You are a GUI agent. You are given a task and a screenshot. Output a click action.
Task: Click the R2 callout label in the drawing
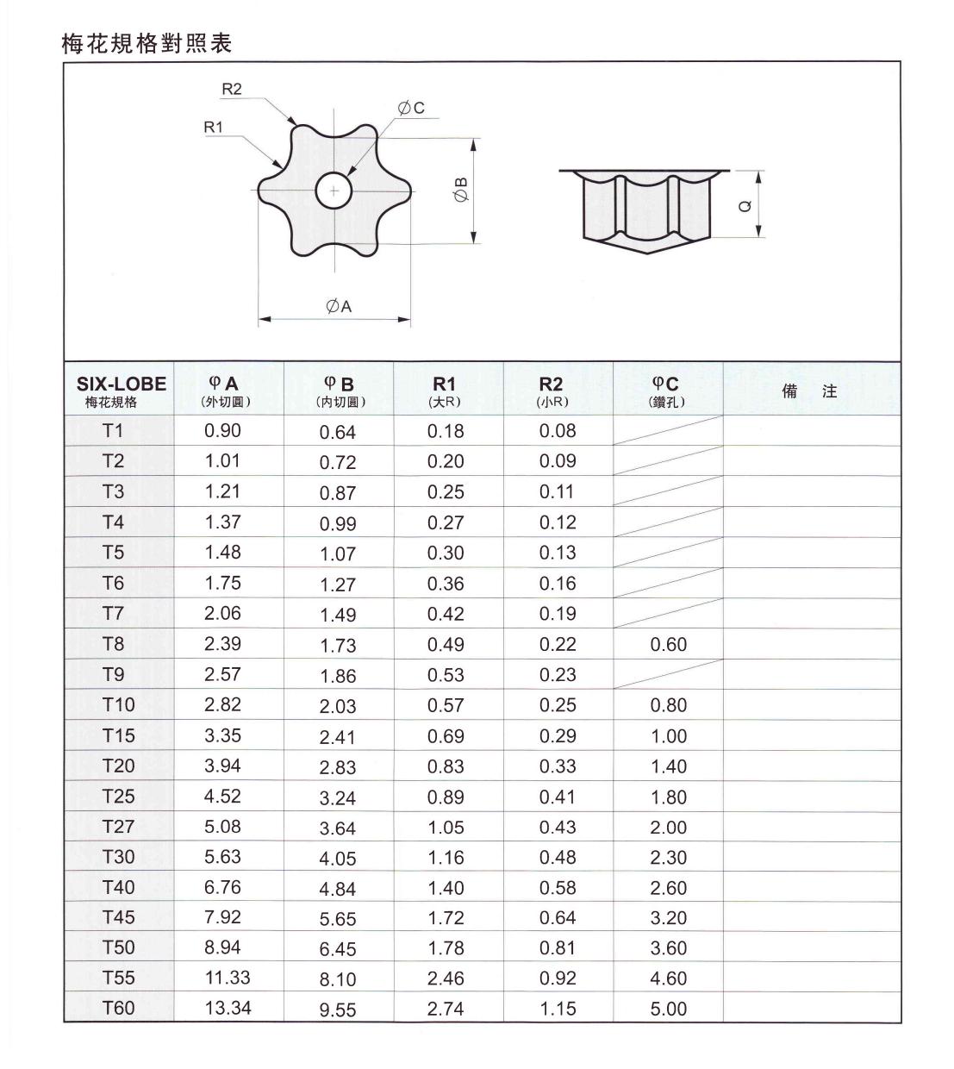232,89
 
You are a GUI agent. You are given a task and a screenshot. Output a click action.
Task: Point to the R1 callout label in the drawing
213,127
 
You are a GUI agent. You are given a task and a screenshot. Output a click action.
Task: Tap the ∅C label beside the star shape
411,108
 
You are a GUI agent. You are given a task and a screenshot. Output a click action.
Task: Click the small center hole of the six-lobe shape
334,191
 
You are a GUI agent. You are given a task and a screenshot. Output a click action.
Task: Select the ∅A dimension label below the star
339,306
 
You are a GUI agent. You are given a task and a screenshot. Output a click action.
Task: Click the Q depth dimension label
745,204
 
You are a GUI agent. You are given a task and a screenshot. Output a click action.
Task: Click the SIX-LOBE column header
121,390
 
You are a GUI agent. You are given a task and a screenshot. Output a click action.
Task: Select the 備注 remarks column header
809,391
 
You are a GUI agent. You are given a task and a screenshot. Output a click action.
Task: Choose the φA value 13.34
228,1008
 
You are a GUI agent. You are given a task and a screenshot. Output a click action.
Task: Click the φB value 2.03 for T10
337,706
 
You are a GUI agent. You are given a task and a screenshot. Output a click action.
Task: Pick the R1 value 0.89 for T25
446,797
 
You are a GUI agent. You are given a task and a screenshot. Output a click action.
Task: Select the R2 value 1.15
557,1009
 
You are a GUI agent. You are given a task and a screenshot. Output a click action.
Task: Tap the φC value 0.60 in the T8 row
668,645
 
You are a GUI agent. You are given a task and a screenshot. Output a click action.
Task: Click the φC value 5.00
668,1009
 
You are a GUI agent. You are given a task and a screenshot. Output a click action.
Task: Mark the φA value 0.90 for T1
222,431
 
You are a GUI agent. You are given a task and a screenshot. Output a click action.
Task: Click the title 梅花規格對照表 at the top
147,43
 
